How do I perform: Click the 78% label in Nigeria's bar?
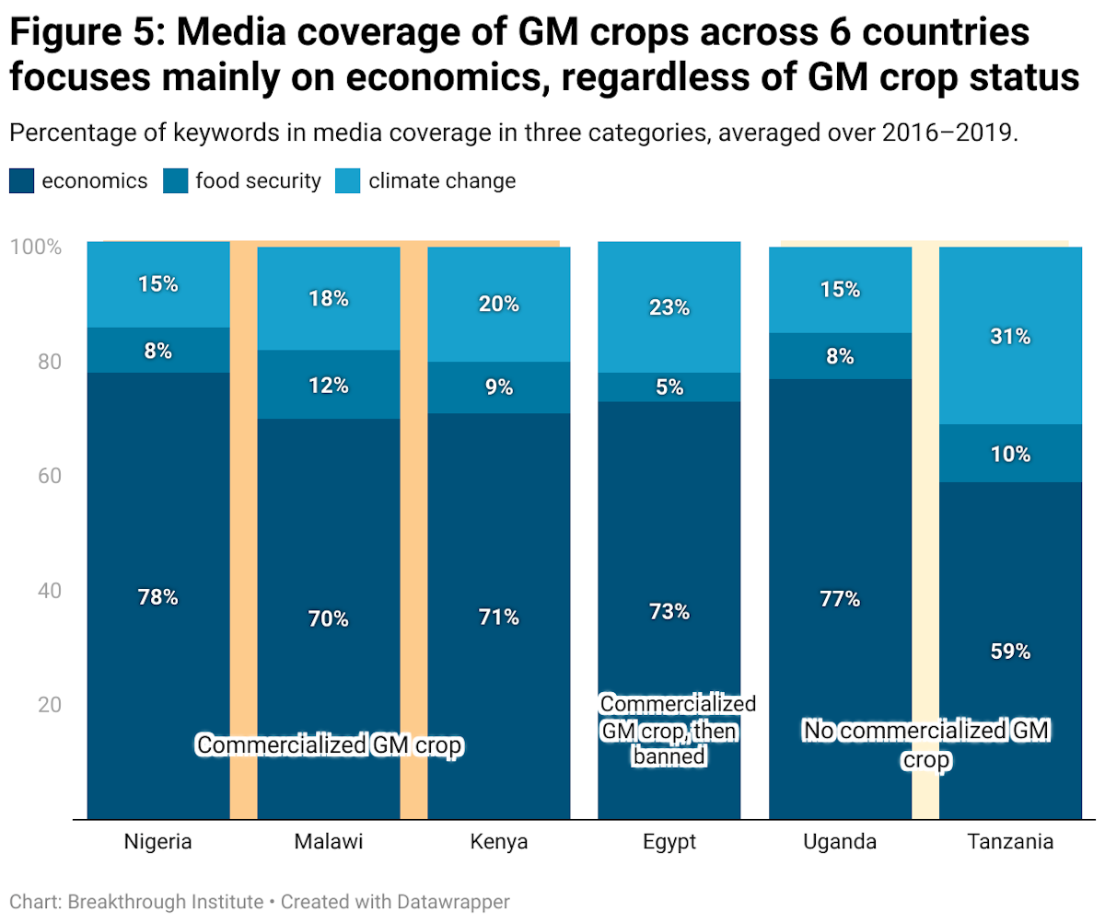point(157,596)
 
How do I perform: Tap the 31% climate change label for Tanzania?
point(1010,337)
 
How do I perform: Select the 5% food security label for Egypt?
point(669,387)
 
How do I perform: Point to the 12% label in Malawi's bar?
point(329,386)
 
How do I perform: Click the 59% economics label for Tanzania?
point(1010,652)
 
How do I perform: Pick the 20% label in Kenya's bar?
point(499,304)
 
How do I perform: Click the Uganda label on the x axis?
point(840,842)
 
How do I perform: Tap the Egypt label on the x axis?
point(669,842)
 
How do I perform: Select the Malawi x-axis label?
point(329,842)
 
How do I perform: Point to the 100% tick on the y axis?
point(36,247)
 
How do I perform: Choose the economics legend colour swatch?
point(22,180)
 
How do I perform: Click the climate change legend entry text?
point(442,180)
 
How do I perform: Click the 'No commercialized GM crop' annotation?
point(925,744)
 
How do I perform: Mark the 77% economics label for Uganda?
point(840,599)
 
